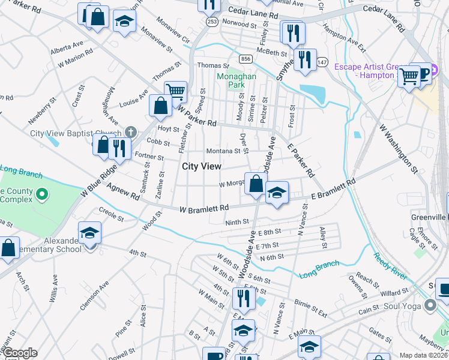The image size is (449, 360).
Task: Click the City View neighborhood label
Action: coord(201,166)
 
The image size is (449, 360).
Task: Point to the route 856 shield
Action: coord(244,59)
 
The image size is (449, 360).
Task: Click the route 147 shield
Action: coord(322,62)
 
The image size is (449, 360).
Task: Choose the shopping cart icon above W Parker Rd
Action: coord(175,92)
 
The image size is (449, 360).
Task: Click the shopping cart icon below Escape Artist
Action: coord(409,76)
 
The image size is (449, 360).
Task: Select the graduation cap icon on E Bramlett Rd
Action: coord(277,193)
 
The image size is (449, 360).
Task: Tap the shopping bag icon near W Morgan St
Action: coord(256,184)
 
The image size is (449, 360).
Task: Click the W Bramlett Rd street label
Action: coord(204,208)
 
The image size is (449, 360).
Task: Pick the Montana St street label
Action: coord(223,151)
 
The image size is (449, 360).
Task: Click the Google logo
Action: coord(20,353)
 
